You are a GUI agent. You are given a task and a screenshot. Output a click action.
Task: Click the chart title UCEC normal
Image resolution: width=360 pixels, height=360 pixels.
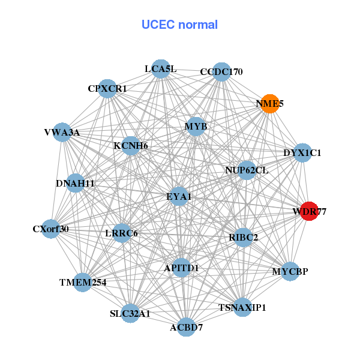click(179, 25)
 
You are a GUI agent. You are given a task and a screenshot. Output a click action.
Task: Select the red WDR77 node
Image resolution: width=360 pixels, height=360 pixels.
click(309, 211)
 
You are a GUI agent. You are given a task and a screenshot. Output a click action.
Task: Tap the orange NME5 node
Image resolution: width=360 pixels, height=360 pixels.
click(270, 104)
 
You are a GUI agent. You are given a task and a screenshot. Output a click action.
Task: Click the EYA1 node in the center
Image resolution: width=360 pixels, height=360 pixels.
click(179, 196)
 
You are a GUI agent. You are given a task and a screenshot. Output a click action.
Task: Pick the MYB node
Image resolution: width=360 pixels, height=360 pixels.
click(196, 127)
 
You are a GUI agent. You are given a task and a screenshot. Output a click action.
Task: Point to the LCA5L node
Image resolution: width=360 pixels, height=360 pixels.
click(160, 69)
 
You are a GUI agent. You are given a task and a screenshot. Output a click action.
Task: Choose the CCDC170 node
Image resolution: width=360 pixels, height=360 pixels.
click(221, 72)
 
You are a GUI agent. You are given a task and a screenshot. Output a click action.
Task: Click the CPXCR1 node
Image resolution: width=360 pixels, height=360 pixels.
click(107, 89)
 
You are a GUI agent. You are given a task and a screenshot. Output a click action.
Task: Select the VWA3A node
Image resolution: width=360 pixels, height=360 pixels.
click(62, 133)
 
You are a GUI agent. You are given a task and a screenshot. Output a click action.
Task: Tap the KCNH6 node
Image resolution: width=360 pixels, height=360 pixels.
click(131, 145)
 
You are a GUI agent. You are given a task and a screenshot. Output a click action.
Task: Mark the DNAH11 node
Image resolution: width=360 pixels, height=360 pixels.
click(75, 183)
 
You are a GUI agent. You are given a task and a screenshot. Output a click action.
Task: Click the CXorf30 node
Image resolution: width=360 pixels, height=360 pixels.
click(51, 229)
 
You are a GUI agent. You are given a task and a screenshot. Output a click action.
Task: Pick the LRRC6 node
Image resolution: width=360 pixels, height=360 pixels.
click(122, 233)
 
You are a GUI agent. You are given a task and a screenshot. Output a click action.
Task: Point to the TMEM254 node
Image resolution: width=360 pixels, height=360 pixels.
click(82, 282)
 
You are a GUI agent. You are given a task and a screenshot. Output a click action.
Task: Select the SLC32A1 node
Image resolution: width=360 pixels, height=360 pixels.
click(130, 313)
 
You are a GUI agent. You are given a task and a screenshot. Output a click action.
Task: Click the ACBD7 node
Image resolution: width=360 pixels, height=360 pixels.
click(186, 327)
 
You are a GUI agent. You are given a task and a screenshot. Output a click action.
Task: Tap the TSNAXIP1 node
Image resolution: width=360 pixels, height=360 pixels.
click(242, 308)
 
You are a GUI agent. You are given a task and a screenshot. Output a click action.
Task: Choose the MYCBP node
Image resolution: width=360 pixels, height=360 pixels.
click(290, 272)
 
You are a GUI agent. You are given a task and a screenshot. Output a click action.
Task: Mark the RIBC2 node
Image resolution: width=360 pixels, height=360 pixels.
click(243, 238)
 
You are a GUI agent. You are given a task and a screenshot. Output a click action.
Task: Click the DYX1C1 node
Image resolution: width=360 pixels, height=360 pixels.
click(302, 153)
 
